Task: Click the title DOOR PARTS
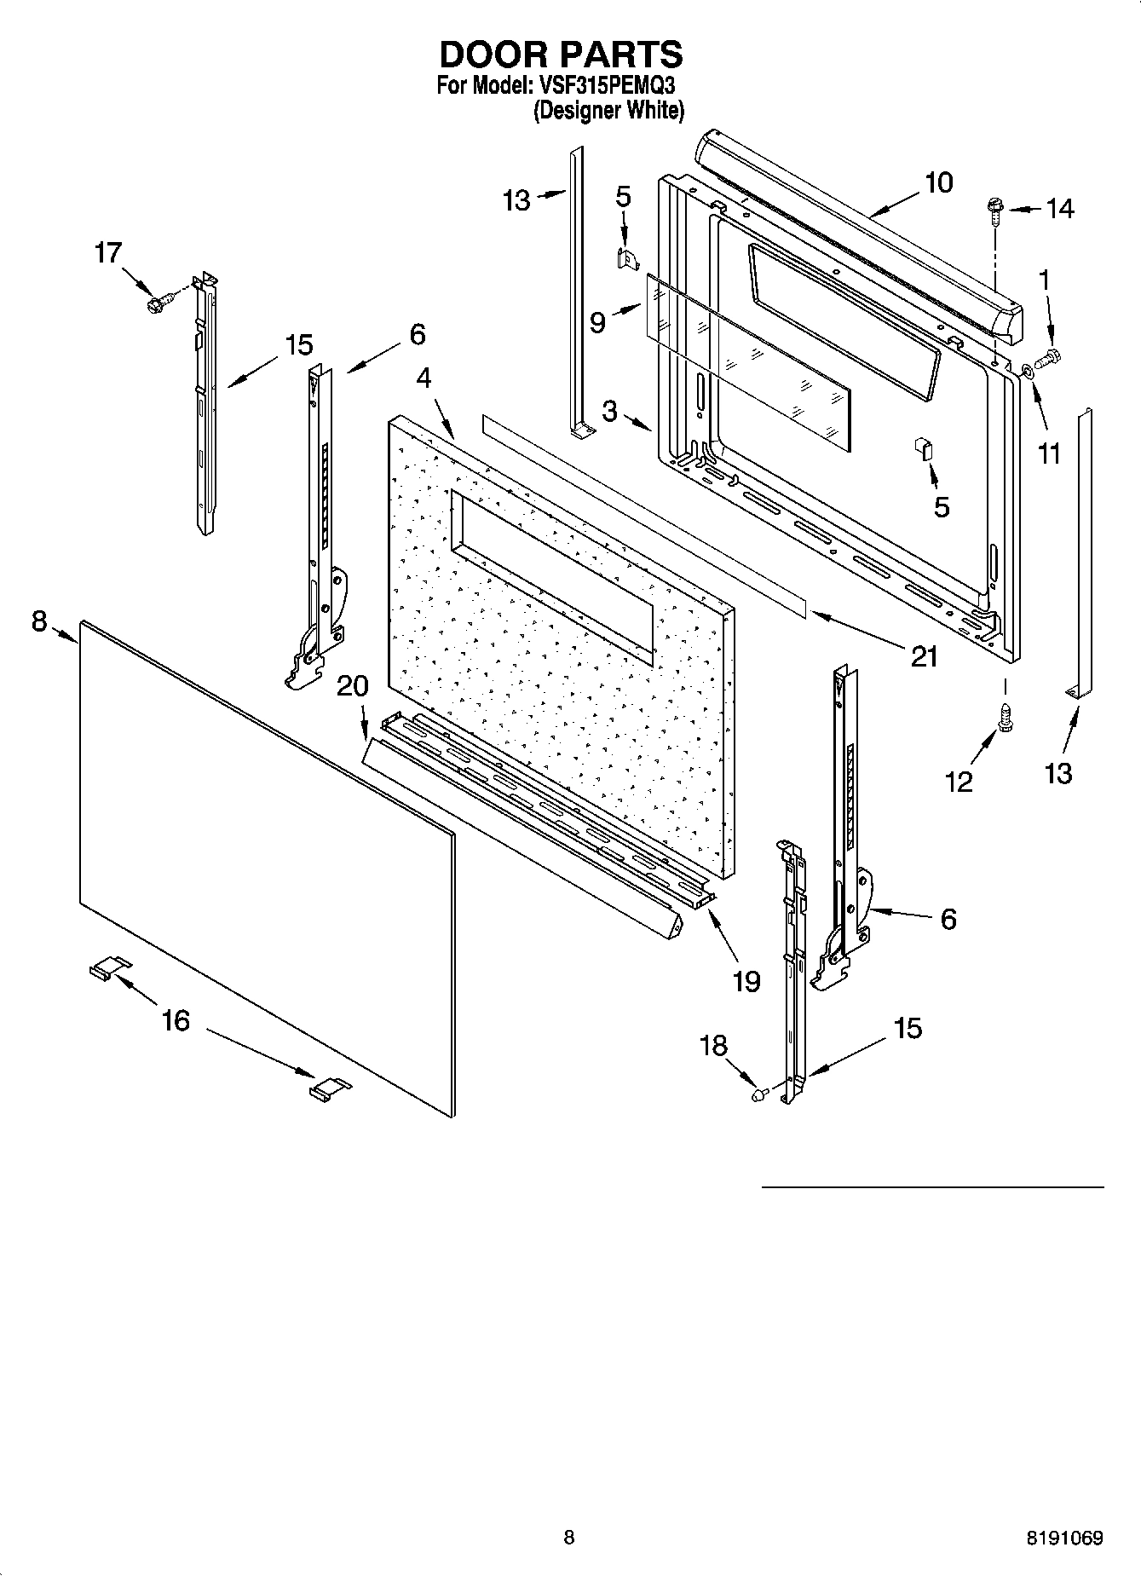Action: click(561, 55)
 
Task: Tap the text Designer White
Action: click(608, 111)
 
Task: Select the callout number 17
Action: click(108, 253)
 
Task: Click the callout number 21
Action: click(925, 656)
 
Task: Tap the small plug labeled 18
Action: click(757, 1094)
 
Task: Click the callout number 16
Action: click(176, 1020)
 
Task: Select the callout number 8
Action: click(39, 621)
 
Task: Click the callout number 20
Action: click(353, 686)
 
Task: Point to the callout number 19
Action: click(746, 982)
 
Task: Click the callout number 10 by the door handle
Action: click(938, 182)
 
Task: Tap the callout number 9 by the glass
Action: click(597, 322)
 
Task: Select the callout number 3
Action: click(609, 411)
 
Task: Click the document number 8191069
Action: click(1064, 1538)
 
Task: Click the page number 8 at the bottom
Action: click(569, 1538)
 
